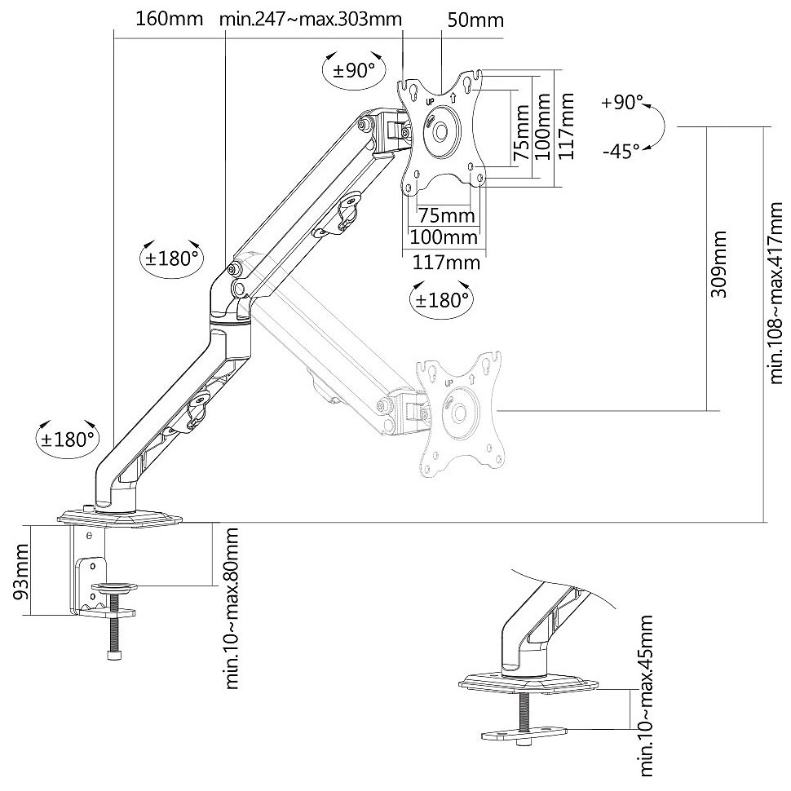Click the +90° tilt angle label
pyautogui.click(x=621, y=104)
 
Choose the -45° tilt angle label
pyautogui.click(x=621, y=151)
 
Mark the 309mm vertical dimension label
pyautogui.click(x=718, y=266)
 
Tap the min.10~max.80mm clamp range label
pyautogui.click(x=233, y=608)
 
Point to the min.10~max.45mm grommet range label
pyautogui.click(x=647, y=697)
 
